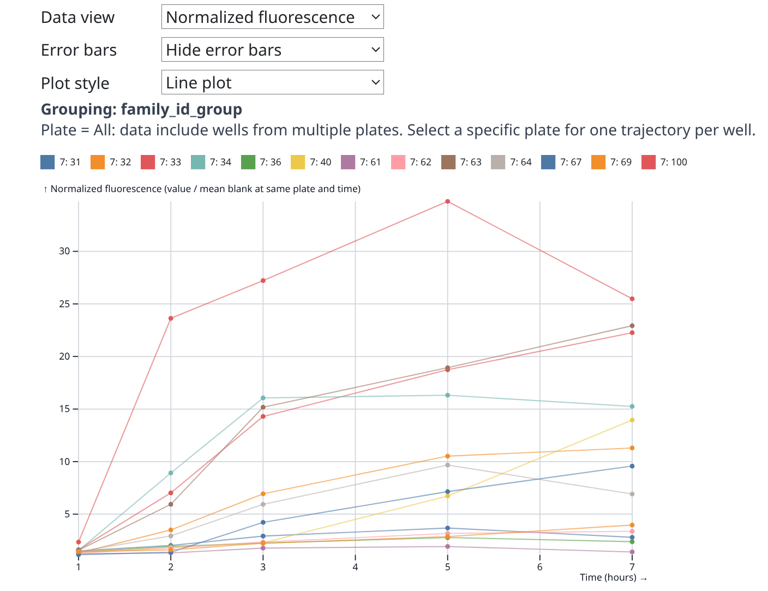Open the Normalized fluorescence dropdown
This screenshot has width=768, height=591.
[x=272, y=17]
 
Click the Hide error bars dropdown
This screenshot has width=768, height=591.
[x=272, y=50]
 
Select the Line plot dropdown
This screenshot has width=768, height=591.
[x=272, y=82]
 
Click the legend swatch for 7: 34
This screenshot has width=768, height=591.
[x=198, y=162]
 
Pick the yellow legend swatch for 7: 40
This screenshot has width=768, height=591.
[x=298, y=162]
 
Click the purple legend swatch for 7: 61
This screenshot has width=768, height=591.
[x=348, y=162]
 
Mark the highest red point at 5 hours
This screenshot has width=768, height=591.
[x=447, y=201]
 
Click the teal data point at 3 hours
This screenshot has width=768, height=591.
[x=263, y=398]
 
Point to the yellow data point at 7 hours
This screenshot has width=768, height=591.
[x=632, y=420]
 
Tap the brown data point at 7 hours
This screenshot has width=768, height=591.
[x=632, y=326]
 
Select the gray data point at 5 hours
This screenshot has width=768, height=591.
[x=447, y=465]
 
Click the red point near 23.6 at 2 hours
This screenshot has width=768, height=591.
[x=171, y=318]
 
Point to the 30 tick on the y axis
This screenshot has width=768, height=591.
[x=65, y=252]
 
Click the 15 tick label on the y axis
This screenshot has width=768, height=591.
[x=65, y=409]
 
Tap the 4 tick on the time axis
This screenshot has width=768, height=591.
[x=355, y=567]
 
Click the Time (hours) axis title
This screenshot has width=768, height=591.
[x=608, y=577]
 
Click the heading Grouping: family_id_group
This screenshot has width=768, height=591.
[x=141, y=109]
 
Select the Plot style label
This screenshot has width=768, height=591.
[x=75, y=83]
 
